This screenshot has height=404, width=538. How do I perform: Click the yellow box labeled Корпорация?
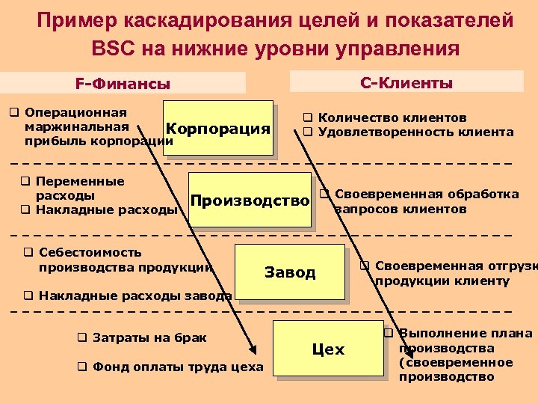click(217, 128)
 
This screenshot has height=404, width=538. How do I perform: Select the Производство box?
click(250, 200)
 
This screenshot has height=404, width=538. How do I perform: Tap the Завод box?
click(290, 272)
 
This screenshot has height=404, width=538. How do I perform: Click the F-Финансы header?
click(123, 84)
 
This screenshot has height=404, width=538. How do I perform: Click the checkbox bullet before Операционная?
click(13, 112)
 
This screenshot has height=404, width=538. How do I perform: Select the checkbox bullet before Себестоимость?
click(28, 252)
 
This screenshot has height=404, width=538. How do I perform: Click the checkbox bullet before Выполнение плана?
click(389, 333)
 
